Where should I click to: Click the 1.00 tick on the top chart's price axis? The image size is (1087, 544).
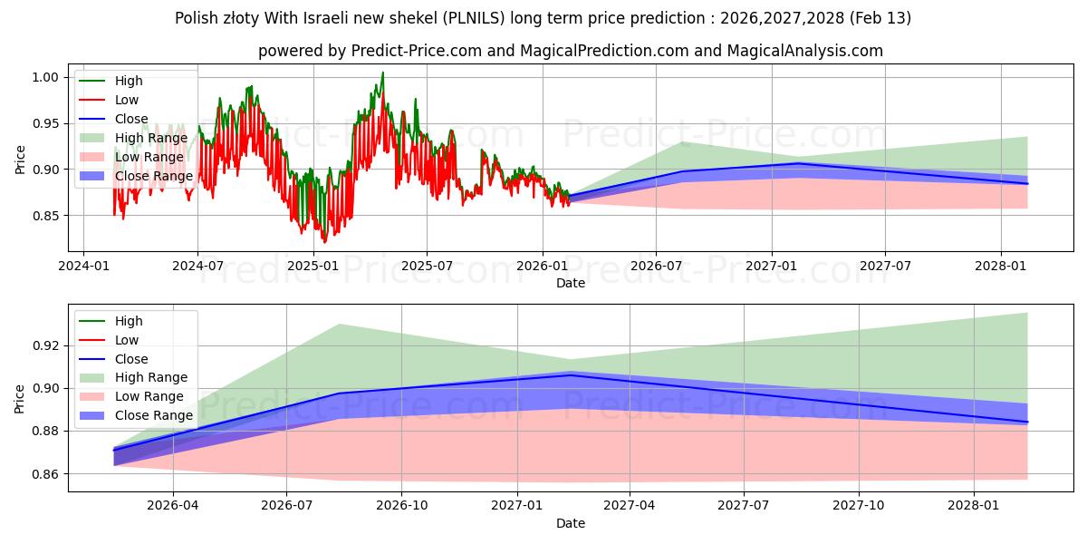[46, 77]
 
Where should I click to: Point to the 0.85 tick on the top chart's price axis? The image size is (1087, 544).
[46, 216]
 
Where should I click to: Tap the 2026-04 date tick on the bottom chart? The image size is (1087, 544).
[172, 505]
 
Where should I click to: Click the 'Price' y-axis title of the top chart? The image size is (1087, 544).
[20, 160]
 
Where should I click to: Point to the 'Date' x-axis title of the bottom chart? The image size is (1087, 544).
[571, 523]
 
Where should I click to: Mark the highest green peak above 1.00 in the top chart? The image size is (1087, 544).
[382, 73]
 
